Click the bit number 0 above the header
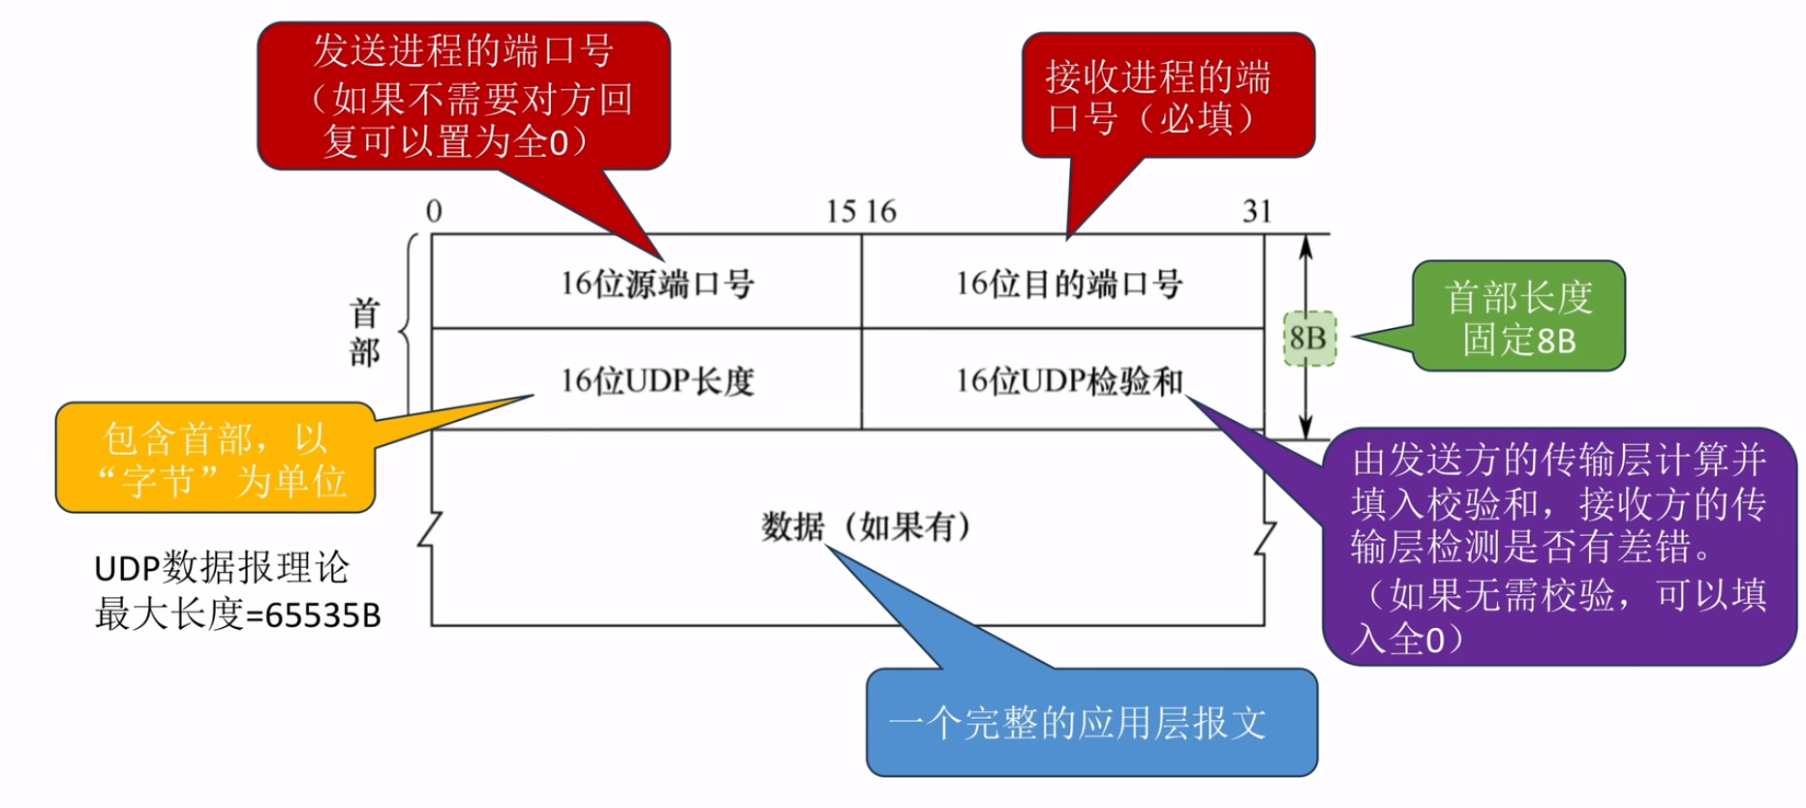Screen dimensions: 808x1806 click(434, 211)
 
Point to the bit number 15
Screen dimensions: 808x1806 click(841, 211)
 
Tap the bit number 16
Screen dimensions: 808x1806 click(881, 211)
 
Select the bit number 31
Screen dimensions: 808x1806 click(1257, 211)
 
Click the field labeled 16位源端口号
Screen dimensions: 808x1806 click(658, 284)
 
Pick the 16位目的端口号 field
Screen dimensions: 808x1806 click(1069, 284)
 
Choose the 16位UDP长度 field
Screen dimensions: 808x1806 click(658, 381)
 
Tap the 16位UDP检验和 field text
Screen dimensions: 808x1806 click(1069, 381)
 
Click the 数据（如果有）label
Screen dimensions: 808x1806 click(866, 527)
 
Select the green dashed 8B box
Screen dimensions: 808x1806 click(1309, 339)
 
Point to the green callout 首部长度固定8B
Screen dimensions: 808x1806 click(1518, 317)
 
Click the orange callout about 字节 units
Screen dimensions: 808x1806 click(216, 459)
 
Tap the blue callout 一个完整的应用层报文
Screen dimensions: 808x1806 click(1091, 722)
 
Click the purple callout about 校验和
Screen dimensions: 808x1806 click(1558, 548)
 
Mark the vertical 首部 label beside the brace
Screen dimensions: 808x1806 click(365, 333)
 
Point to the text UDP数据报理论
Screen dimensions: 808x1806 click(221, 568)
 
